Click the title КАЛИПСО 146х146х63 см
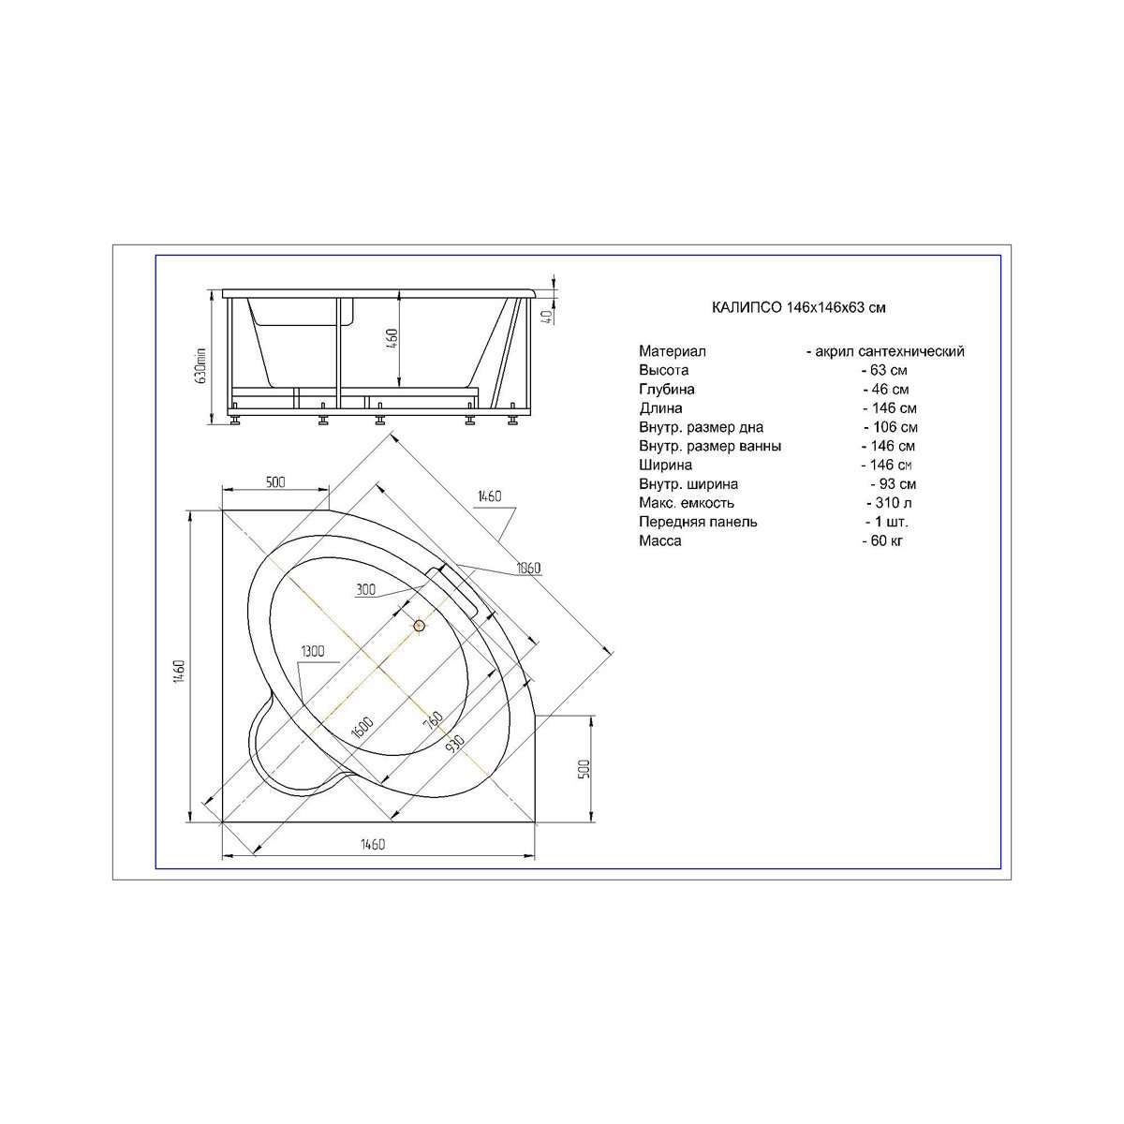pyautogui.click(x=799, y=307)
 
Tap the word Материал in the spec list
pyautogui.click(x=672, y=351)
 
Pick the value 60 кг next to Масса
pyautogui.click(x=887, y=540)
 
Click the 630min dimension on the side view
pyautogui.click(x=201, y=365)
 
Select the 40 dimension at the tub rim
pyautogui.click(x=547, y=317)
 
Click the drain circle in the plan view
pyautogui.click(x=420, y=627)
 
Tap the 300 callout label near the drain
pyautogui.click(x=365, y=590)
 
